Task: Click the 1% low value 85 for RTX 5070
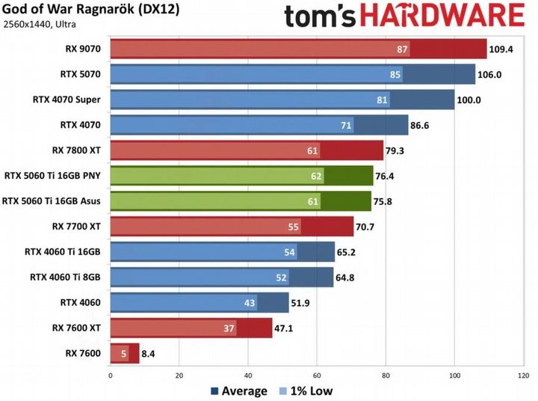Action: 395,75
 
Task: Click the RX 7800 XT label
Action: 77,150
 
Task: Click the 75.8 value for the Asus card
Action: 386,200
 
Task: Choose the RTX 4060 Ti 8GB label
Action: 65,277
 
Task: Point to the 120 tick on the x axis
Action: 524,375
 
